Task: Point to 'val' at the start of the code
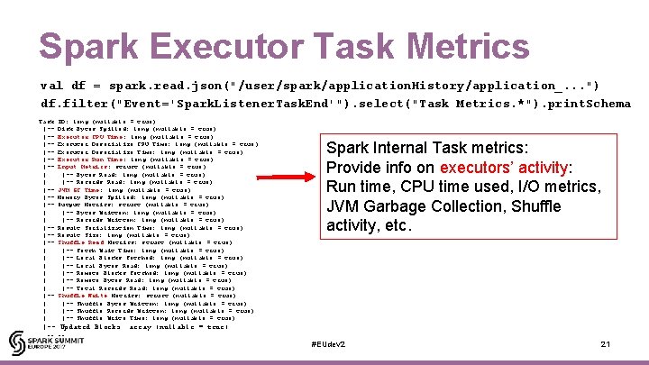pyautogui.click(x=51, y=85)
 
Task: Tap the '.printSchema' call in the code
pyautogui.click(x=586, y=103)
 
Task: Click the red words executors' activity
pyautogui.click(x=504, y=167)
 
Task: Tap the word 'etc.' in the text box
pyautogui.click(x=396, y=225)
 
